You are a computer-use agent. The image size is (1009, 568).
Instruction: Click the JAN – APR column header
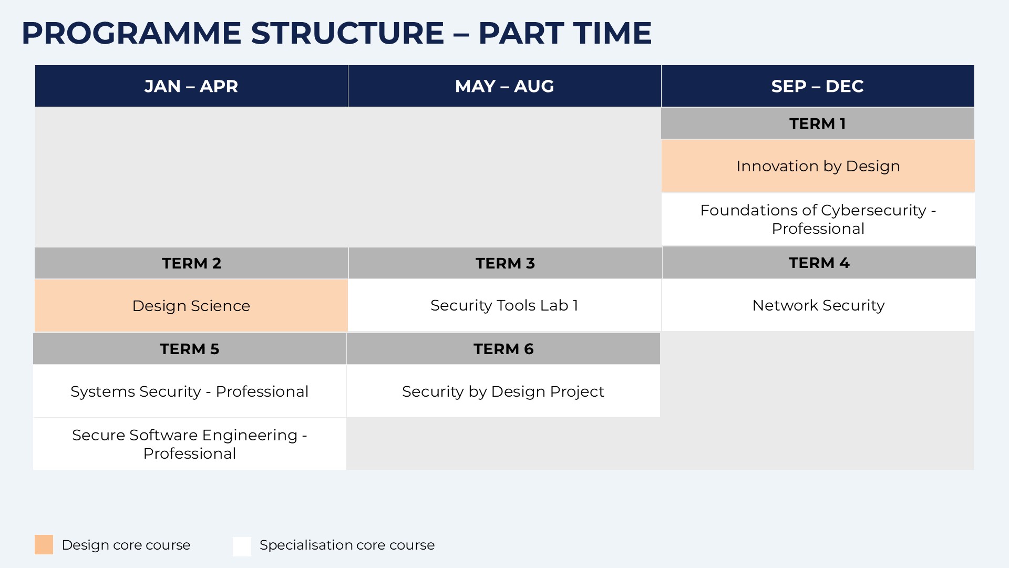tap(191, 86)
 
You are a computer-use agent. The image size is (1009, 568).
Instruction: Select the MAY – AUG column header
tap(504, 86)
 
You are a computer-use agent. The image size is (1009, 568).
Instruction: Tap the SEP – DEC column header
tap(818, 86)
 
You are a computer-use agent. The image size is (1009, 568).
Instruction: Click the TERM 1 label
tap(818, 123)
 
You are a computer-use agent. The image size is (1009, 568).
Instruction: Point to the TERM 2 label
tap(191, 263)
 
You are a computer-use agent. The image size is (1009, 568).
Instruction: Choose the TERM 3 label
tap(505, 263)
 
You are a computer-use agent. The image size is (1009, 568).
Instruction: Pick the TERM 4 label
tap(819, 263)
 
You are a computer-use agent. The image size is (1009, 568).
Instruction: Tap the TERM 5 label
tap(190, 349)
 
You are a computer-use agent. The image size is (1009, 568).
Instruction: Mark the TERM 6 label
tap(503, 349)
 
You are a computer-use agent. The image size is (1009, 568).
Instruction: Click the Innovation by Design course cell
tap(818, 166)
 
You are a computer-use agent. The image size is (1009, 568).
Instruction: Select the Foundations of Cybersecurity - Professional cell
tap(818, 220)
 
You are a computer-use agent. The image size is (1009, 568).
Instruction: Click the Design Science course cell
tap(191, 305)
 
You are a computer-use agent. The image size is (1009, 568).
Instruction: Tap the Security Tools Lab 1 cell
tap(504, 305)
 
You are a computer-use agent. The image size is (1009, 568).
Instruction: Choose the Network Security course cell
tap(818, 305)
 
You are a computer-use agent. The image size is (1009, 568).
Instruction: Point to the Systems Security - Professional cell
tap(190, 391)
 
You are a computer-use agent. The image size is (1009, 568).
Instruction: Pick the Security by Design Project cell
tap(503, 391)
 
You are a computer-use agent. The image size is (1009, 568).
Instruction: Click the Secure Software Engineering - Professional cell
tap(190, 444)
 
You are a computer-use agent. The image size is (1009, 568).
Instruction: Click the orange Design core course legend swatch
tap(44, 545)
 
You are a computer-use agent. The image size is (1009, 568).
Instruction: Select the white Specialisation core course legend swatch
tap(242, 546)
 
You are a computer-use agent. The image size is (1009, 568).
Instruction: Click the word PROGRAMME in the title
tap(131, 33)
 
